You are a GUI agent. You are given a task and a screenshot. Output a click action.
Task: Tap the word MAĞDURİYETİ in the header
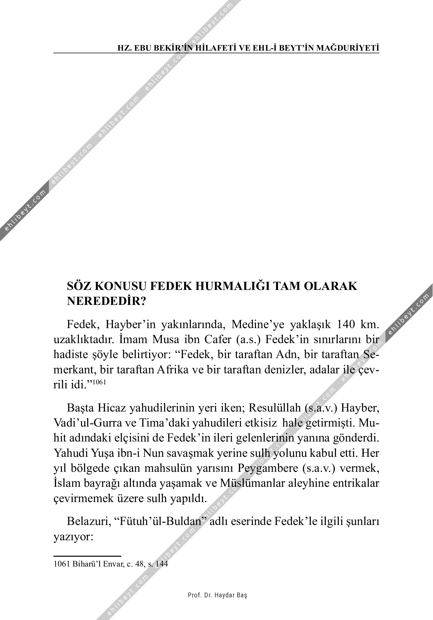pos(347,48)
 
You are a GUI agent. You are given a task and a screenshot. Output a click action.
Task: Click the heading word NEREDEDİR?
pos(106,302)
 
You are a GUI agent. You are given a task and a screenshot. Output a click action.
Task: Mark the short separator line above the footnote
pos(87,556)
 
